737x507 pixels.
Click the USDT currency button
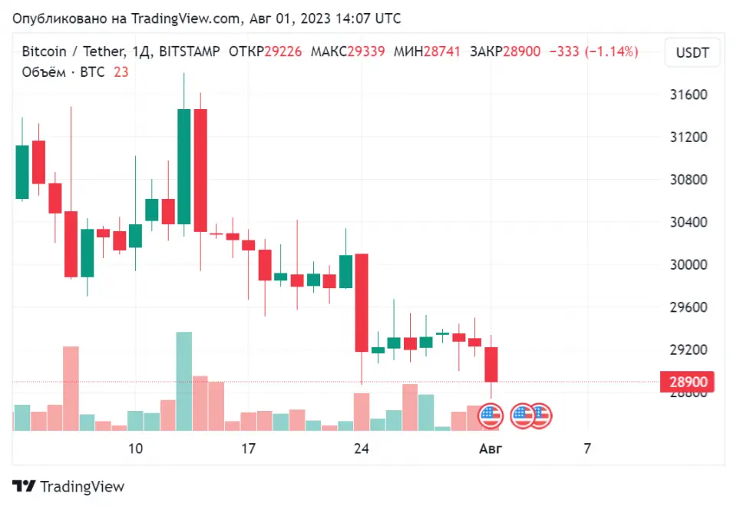point(692,54)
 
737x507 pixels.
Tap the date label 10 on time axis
point(135,449)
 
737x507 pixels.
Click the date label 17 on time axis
point(248,449)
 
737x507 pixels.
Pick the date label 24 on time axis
point(361,449)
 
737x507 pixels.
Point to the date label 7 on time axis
point(587,449)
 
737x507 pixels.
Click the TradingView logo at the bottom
point(68,486)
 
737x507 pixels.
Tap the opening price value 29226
point(283,51)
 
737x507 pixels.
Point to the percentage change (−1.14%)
point(611,51)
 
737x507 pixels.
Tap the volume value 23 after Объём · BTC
point(121,72)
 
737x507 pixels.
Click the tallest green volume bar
point(184,381)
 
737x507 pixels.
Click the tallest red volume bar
point(71,388)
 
